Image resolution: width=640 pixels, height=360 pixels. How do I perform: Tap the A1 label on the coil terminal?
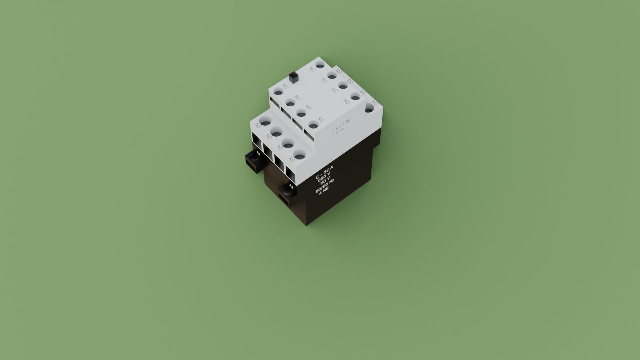point(258,154)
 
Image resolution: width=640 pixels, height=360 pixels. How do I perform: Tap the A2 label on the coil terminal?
point(291,186)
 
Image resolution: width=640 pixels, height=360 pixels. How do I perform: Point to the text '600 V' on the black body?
point(324,175)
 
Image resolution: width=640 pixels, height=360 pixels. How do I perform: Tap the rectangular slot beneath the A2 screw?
point(284,200)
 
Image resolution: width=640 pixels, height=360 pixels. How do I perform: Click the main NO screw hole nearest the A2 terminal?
point(299,155)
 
